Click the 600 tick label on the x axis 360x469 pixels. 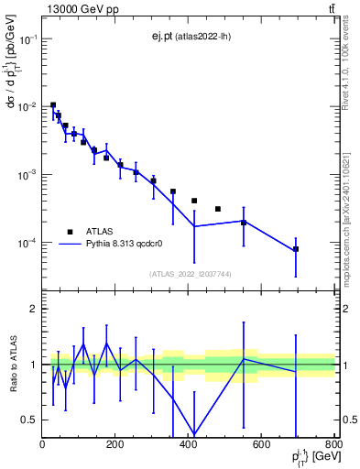pyautogui.click(x=261, y=444)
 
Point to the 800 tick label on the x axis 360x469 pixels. pyautogui.click(x=332, y=444)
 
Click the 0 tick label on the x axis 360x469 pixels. pyautogui.click(x=42, y=444)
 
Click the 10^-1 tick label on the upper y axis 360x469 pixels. pyautogui.click(x=27, y=39)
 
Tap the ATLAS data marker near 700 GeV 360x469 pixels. pyautogui.click(x=296, y=249)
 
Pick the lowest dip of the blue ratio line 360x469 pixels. pyautogui.click(x=194, y=434)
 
